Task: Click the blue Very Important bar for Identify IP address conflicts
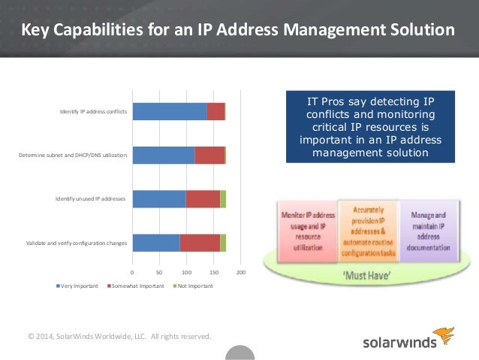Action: (169, 112)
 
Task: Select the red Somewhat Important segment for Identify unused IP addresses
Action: (203, 198)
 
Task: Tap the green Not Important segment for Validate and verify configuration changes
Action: (223, 242)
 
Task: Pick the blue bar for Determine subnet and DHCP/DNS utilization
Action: (163, 156)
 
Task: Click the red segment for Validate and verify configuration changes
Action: (200, 242)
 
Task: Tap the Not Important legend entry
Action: (194, 286)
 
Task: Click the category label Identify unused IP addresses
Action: (89, 199)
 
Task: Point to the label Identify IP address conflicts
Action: (93, 113)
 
